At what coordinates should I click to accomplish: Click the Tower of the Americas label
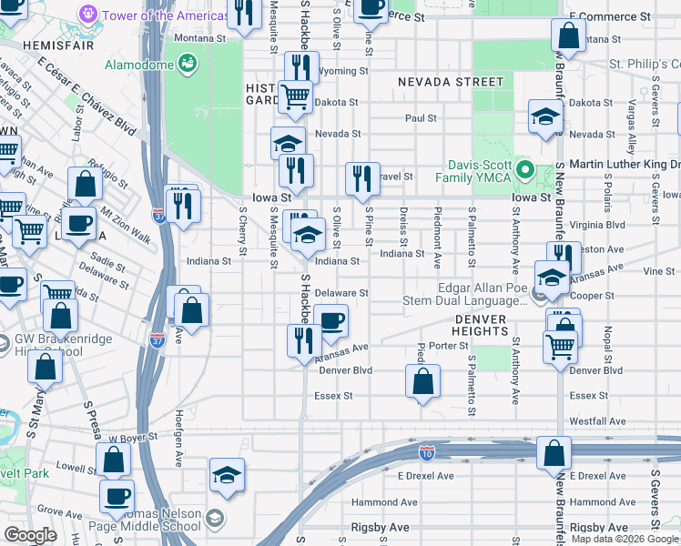pyautogui.click(x=165, y=15)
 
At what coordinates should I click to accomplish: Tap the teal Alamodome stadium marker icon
pyautogui.click(x=188, y=63)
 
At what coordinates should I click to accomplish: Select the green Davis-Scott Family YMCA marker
pyautogui.click(x=523, y=170)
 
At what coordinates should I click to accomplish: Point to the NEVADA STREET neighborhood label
pyautogui.click(x=437, y=82)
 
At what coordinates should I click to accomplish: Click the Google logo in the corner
pyautogui.click(x=31, y=535)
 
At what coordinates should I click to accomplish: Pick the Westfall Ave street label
pyautogui.click(x=597, y=421)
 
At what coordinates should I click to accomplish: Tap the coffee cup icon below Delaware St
pyautogui.click(x=331, y=319)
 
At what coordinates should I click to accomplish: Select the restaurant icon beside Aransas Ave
pyautogui.click(x=302, y=339)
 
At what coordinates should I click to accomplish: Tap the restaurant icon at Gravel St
pyautogui.click(x=362, y=177)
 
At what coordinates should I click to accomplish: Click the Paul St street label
pyautogui.click(x=421, y=118)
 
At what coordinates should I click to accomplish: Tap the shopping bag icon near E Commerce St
pyautogui.click(x=568, y=36)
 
